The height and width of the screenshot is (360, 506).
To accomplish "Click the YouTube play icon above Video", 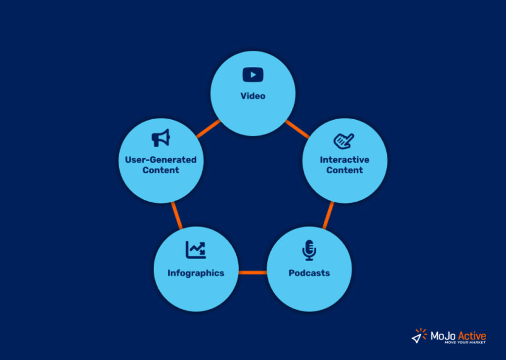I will point(253,75).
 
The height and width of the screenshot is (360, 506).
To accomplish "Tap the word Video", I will point(253,96).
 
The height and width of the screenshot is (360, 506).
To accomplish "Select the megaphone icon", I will point(161,138).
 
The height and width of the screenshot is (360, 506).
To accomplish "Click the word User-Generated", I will point(161,160).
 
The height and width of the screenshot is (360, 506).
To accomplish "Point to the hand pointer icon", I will point(344,141).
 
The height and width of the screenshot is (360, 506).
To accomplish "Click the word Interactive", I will point(344,160).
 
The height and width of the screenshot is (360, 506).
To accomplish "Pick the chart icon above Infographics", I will point(196,250).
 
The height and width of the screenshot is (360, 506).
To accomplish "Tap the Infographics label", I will point(196,273).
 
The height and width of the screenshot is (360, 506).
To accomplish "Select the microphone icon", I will point(309,250).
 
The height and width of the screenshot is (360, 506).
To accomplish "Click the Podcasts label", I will point(309,273).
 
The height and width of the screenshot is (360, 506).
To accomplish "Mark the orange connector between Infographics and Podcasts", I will point(253,272).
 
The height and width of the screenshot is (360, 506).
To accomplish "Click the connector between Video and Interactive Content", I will point(297,130).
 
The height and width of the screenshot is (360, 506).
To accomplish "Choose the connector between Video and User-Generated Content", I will point(208,130).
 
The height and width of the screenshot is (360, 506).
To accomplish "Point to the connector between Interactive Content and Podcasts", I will point(328,215).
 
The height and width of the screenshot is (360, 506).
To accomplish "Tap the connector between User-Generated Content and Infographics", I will point(177,216).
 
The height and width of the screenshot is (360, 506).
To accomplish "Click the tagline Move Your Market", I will point(464,343).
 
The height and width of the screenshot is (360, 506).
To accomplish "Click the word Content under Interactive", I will point(344,170).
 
